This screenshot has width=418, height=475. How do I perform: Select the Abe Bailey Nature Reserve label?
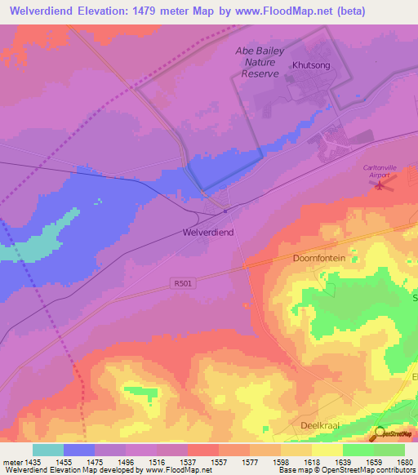pyautogui.click(x=260, y=61)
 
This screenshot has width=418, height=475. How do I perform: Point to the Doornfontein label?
pyautogui.click(x=319, y=258)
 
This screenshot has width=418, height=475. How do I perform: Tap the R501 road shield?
pyautogui.click(x=185, y=283)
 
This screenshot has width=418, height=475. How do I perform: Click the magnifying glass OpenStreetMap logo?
pyautogui.click(x=380, y=433)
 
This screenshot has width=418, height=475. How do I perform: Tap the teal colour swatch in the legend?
pyautogui.click(x=48, y=450)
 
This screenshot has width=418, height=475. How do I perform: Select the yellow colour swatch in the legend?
pyautogui.click(x=327, y=450)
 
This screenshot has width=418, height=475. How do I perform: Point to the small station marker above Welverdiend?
pyautogui.click(x=225, y=211)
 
